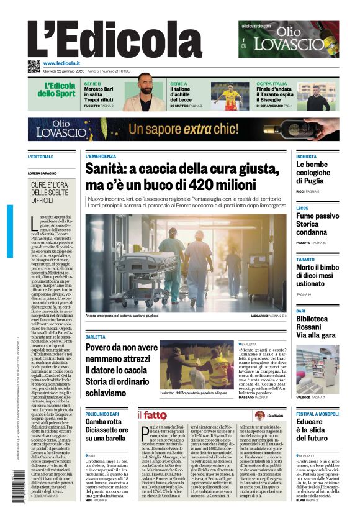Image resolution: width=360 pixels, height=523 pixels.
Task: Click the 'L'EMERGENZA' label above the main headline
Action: [x=101, y=157]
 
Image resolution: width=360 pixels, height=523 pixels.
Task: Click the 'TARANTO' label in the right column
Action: [x=305, y=259]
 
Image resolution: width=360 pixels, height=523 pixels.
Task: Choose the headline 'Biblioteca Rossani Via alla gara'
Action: [x=317, y=327]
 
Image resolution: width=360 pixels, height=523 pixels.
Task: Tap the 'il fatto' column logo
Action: [x=152, y=415]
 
